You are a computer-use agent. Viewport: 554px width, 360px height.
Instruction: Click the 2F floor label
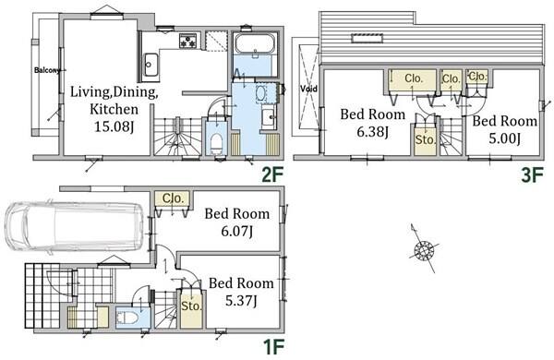pyautogui.click(x=272, y=174)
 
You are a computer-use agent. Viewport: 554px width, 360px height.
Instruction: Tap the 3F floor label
pyautogui.click(x=532, y=174)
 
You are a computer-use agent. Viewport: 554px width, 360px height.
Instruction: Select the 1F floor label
pyautogui.click(x=274, y=346)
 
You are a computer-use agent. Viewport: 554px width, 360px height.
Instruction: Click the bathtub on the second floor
pyautogui.click(x=255, y=43)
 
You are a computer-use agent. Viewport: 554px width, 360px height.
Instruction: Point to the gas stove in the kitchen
pyautogui.click(x=187, y=41)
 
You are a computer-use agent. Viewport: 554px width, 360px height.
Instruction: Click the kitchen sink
pyautogui.click(x=151, y=65)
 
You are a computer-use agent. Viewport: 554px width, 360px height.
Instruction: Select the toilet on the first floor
pyautogui.click(x=126, y=318)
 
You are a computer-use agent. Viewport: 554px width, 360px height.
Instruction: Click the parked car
pyautogui.click(x=75, y=226)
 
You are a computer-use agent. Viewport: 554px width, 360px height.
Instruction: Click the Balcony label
pyautogui.click(x=47, y=70)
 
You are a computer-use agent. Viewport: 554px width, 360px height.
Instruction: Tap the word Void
pyautogui.click(x=308, y=89)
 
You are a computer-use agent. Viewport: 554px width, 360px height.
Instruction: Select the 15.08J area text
pyautogui.click(x=114, y=126)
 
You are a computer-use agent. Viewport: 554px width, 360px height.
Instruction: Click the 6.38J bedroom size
pyautogui.click(x=373, y=132)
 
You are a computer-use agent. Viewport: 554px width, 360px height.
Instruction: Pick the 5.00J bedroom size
pyautogui.click(x=504, y=138)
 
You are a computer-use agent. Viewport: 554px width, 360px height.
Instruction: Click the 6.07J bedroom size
pyautogui.click(x=236, y=232)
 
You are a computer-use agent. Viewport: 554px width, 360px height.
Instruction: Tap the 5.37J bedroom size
pyautogui.click(x=241, y=301)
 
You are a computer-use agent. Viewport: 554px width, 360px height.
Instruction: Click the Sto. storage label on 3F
pyautogui.click(x=426, y=140)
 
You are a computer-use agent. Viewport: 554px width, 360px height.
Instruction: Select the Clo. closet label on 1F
pyautogui.click(x=173, y=198)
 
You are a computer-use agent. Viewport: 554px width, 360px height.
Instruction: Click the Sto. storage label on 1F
pyautogui.click(x=191, y=306)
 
